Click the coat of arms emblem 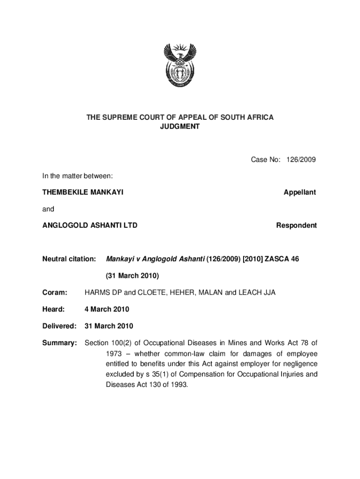(180, 67)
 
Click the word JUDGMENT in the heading (180, 126)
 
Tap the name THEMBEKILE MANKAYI (83, 192)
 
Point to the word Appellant (300, 192)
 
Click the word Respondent (296, 225)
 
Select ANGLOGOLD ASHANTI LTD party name (90, 225)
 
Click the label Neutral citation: (69, 259)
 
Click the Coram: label (55, 293)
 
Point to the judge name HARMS (97, 293)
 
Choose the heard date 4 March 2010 (107, 309)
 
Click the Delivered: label (59, 326)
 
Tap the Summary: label (59, 343)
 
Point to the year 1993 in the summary (177, 385)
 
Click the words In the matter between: (78, 176)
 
